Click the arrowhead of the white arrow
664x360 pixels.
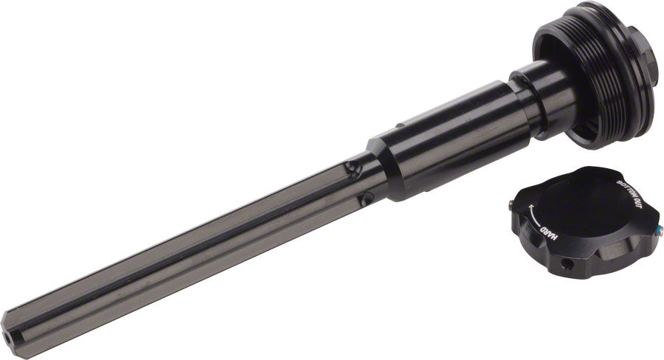pyautogui.click(x=530, y=207)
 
